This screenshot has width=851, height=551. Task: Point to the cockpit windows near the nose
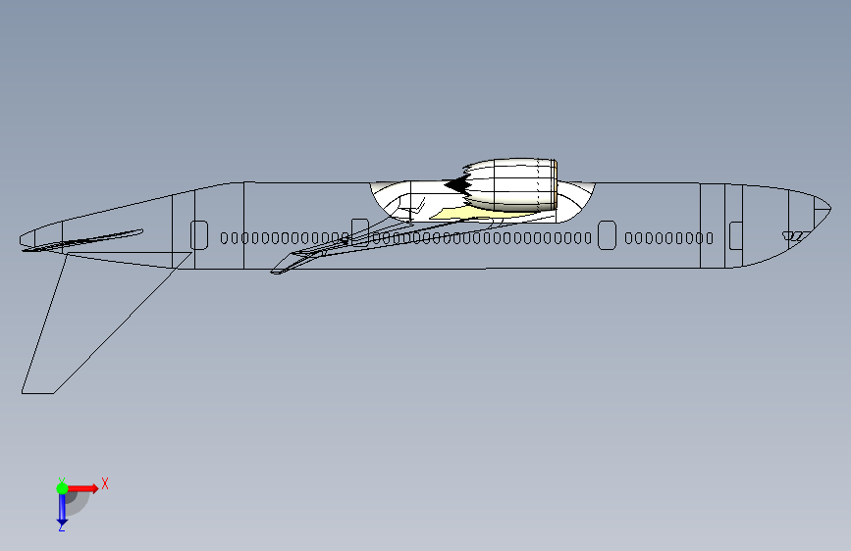coord(794,235)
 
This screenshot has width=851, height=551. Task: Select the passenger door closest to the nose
coord(735,235)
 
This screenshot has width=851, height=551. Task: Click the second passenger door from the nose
coord(607,235)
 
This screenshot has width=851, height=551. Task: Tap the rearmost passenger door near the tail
coord(199,235)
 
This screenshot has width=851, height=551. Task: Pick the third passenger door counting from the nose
coord(359,233)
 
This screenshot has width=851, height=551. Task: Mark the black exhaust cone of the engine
coord(455,183)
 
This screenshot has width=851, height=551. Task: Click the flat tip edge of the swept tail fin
coord(38,393)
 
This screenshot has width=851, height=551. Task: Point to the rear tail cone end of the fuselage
coord(23,240)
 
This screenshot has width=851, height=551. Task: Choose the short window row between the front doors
coord(669,237)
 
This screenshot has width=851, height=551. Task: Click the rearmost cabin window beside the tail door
coord(224,237)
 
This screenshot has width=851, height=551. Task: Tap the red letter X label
coord(104,483)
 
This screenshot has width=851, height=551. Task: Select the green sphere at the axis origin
coord(62,487)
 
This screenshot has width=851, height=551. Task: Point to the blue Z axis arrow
coord(62,508)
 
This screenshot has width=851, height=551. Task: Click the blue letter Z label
coord(61,526)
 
